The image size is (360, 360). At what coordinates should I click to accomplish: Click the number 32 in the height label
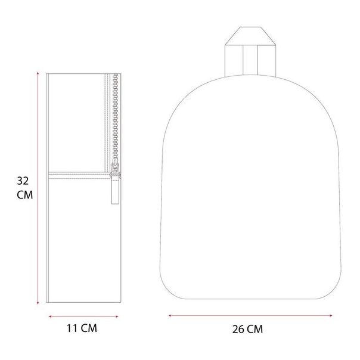pos(23,180)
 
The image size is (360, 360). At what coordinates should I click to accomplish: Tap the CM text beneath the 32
pos(24,195)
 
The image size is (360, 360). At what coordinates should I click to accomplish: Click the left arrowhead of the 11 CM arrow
pos(49,316)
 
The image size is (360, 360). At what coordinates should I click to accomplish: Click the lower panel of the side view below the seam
pos(80,238)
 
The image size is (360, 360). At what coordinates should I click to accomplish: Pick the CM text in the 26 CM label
pos(255,328)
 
